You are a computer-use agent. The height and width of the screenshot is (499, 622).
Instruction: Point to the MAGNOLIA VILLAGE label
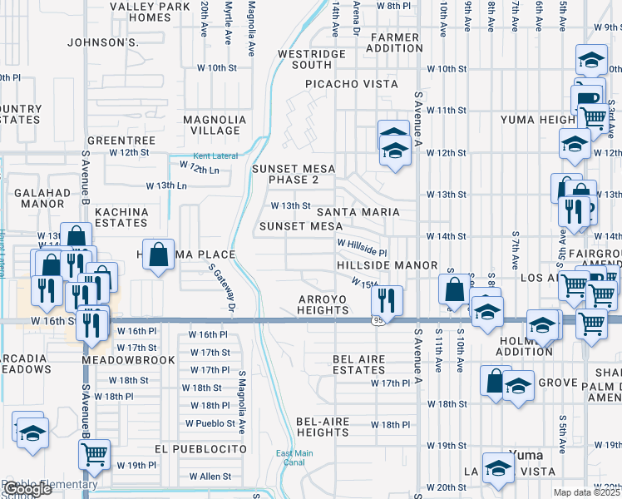[x=215, y=125]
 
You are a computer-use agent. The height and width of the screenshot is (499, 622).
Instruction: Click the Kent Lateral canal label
[x=215, y=156]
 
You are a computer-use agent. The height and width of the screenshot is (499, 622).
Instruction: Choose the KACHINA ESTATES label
[x=121, y=217]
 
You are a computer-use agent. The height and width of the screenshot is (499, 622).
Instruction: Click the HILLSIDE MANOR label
[x=387, y=265]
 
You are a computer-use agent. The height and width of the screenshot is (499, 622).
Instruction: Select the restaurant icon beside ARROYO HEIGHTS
[x=388, y=298]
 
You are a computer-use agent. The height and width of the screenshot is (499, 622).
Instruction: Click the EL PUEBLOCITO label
[x=200, y=448]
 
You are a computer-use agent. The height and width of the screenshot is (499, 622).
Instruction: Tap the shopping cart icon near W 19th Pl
[x=94, y=454]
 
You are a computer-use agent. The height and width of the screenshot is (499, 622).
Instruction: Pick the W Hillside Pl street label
[x=362, y=247]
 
